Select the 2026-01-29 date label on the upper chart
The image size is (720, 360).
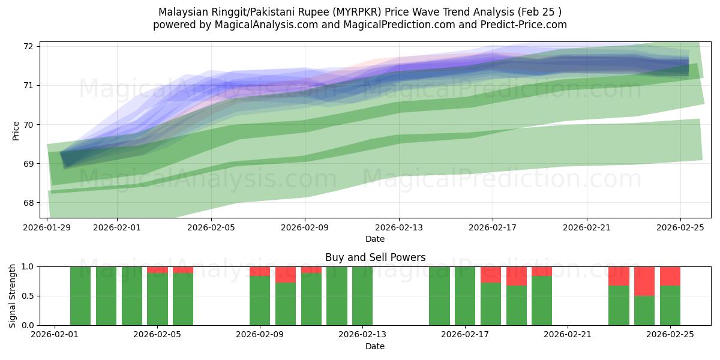coord(47,228)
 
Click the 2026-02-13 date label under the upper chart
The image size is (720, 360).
coord(399,228)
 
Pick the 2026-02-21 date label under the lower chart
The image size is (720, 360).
coord(567,335)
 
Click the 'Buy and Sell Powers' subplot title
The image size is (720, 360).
coord(375,257)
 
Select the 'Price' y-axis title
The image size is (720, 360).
coord(16,130)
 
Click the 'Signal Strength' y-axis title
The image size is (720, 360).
coord(13,295)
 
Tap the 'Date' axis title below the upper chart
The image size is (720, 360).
coord(375,239)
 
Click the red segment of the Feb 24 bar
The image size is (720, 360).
coord(644,281)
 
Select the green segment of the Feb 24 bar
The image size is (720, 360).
coord(644,311)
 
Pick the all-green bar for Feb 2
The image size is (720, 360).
coord(80,296)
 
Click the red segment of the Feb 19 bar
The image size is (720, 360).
coord(516,276)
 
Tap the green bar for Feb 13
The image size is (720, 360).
coord(362,296)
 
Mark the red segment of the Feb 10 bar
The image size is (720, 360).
coord(286,275)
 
